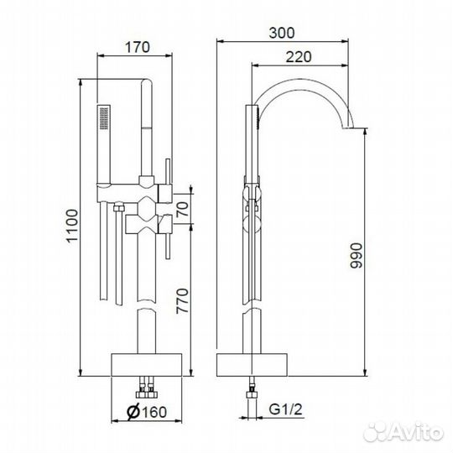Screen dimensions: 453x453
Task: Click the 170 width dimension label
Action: tap(138, 47)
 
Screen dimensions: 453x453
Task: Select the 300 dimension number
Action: tap(282, 33)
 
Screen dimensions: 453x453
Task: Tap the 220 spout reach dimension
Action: tap(299, 57)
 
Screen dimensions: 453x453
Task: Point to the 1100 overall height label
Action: tap(72, 226)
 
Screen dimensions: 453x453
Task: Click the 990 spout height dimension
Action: tap(356, 256)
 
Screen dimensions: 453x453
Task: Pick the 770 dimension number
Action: tap(182, 301)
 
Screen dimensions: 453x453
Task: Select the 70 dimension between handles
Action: tap(182, 209)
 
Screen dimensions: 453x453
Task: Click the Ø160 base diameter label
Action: tap(147, 412)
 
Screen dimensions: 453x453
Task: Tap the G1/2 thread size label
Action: tap(285, 409)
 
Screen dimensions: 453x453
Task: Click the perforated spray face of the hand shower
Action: tap(104, 118)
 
